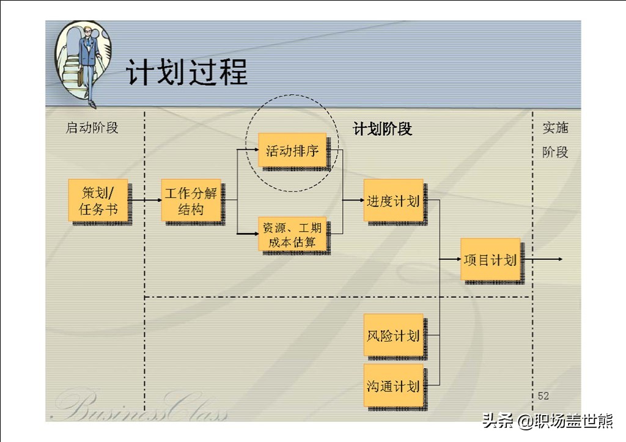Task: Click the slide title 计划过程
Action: pos(187,72)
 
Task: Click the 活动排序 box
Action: pos(292,150)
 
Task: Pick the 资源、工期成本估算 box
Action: pos(292,234)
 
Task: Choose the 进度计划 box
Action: pos(393,200)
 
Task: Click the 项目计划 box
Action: pos(490,259)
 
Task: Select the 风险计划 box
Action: pos(393,334)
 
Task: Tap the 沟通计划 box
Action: pos(393,385)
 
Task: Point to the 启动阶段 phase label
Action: pos(92,128)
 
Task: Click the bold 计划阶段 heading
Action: pos(382,129)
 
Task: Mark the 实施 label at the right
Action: pos(555,128)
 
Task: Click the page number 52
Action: pos(543,396)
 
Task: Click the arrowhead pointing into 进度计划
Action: pos(361,200)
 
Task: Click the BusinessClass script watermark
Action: pos(142,405)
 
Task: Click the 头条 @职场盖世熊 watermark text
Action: pos(547,421)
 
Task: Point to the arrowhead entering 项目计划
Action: pos(458,259)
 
